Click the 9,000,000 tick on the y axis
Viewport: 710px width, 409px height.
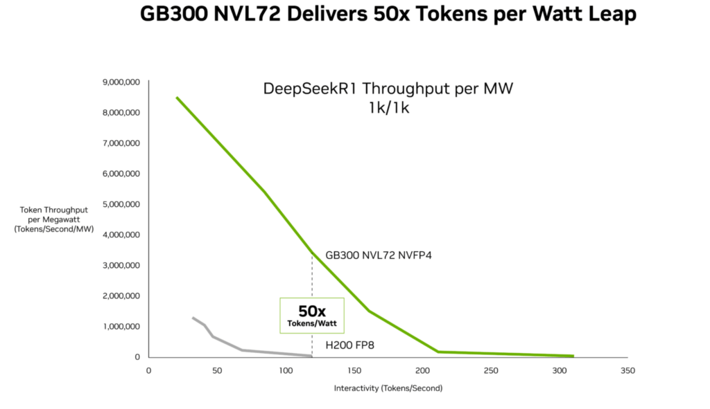click(121, 82)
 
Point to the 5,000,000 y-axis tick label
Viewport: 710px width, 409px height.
click(121, 204)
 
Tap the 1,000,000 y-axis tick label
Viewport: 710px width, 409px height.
click(121, 326)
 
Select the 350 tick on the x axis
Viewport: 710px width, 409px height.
click(627, 370)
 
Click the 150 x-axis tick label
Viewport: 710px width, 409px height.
click(354, 370)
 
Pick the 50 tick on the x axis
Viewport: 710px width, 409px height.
click(217, 370)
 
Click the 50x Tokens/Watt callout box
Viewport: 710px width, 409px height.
click(312, 316)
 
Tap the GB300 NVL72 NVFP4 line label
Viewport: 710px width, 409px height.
click(379, 255)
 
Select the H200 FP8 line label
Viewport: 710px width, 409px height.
click(350, 345)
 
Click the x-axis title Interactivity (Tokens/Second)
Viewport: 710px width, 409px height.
click(388, 388)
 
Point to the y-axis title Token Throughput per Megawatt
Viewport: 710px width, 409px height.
click(54, 219)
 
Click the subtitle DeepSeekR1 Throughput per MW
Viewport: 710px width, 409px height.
click(388, 88)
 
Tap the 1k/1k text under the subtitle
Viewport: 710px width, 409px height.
click(389, 108)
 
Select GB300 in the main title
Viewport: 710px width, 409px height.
click(174, 14)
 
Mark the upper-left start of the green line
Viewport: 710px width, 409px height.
click(177, 97)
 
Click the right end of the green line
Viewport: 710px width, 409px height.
click(573, 356)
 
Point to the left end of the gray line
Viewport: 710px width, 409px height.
click(193, 318)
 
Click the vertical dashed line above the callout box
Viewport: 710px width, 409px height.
click(312, 275)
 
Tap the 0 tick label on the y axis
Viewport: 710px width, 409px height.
click(137, 357)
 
